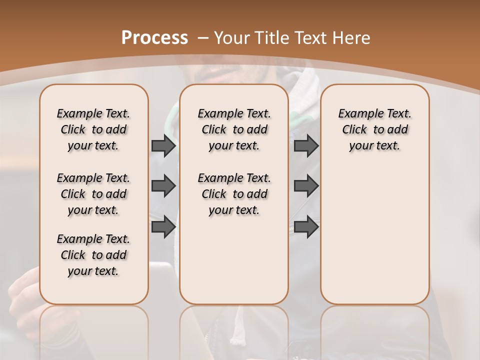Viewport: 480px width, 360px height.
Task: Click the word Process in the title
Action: [x=154, y=37]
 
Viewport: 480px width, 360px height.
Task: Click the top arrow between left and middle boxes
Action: [x=163, y=146]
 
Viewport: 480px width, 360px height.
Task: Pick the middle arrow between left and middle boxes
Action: [x=163, y=186]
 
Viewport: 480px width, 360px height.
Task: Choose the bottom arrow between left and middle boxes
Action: [x=163, y=226]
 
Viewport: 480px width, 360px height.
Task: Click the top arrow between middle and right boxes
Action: [x=306, y=146]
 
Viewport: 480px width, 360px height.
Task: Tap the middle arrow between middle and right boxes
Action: [x=306, y=186]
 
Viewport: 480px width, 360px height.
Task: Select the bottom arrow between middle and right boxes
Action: [x=306, y=226]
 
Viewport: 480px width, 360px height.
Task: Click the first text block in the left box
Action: [x=93, y=129]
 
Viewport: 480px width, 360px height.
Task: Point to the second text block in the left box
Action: [x=93, y=194]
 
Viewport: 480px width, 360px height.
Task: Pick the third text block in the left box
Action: [x=93, y=255]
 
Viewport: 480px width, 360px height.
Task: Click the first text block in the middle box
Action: [x=234, y=129]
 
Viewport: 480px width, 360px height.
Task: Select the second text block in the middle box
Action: [x=234, y=194]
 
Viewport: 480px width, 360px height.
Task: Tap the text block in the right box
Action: [x=374, y=129]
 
